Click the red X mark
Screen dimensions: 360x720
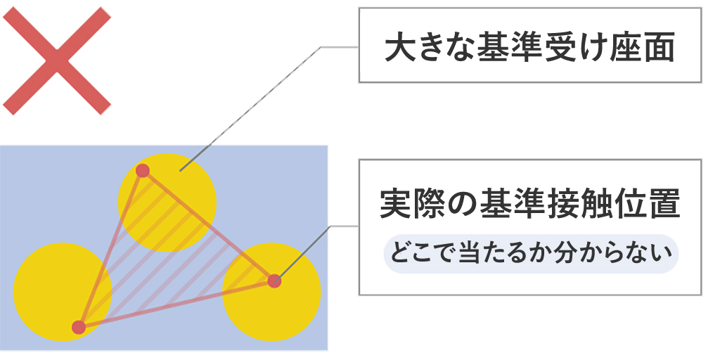click(x=57, y=63)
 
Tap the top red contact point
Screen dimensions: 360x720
click(x=143, y=170)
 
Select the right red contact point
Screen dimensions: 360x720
click(x=274, y=281)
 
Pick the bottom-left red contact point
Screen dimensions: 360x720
click(x=79, y=327)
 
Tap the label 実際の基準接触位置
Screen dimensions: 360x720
click(x=530, y=205)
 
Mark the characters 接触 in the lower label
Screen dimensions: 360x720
click(x=578, y=205)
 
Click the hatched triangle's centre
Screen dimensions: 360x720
click(x=165, y=259)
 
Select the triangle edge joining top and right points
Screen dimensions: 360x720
click(x=209, y=226)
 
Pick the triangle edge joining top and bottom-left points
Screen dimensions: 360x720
click(x=111, y=248)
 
